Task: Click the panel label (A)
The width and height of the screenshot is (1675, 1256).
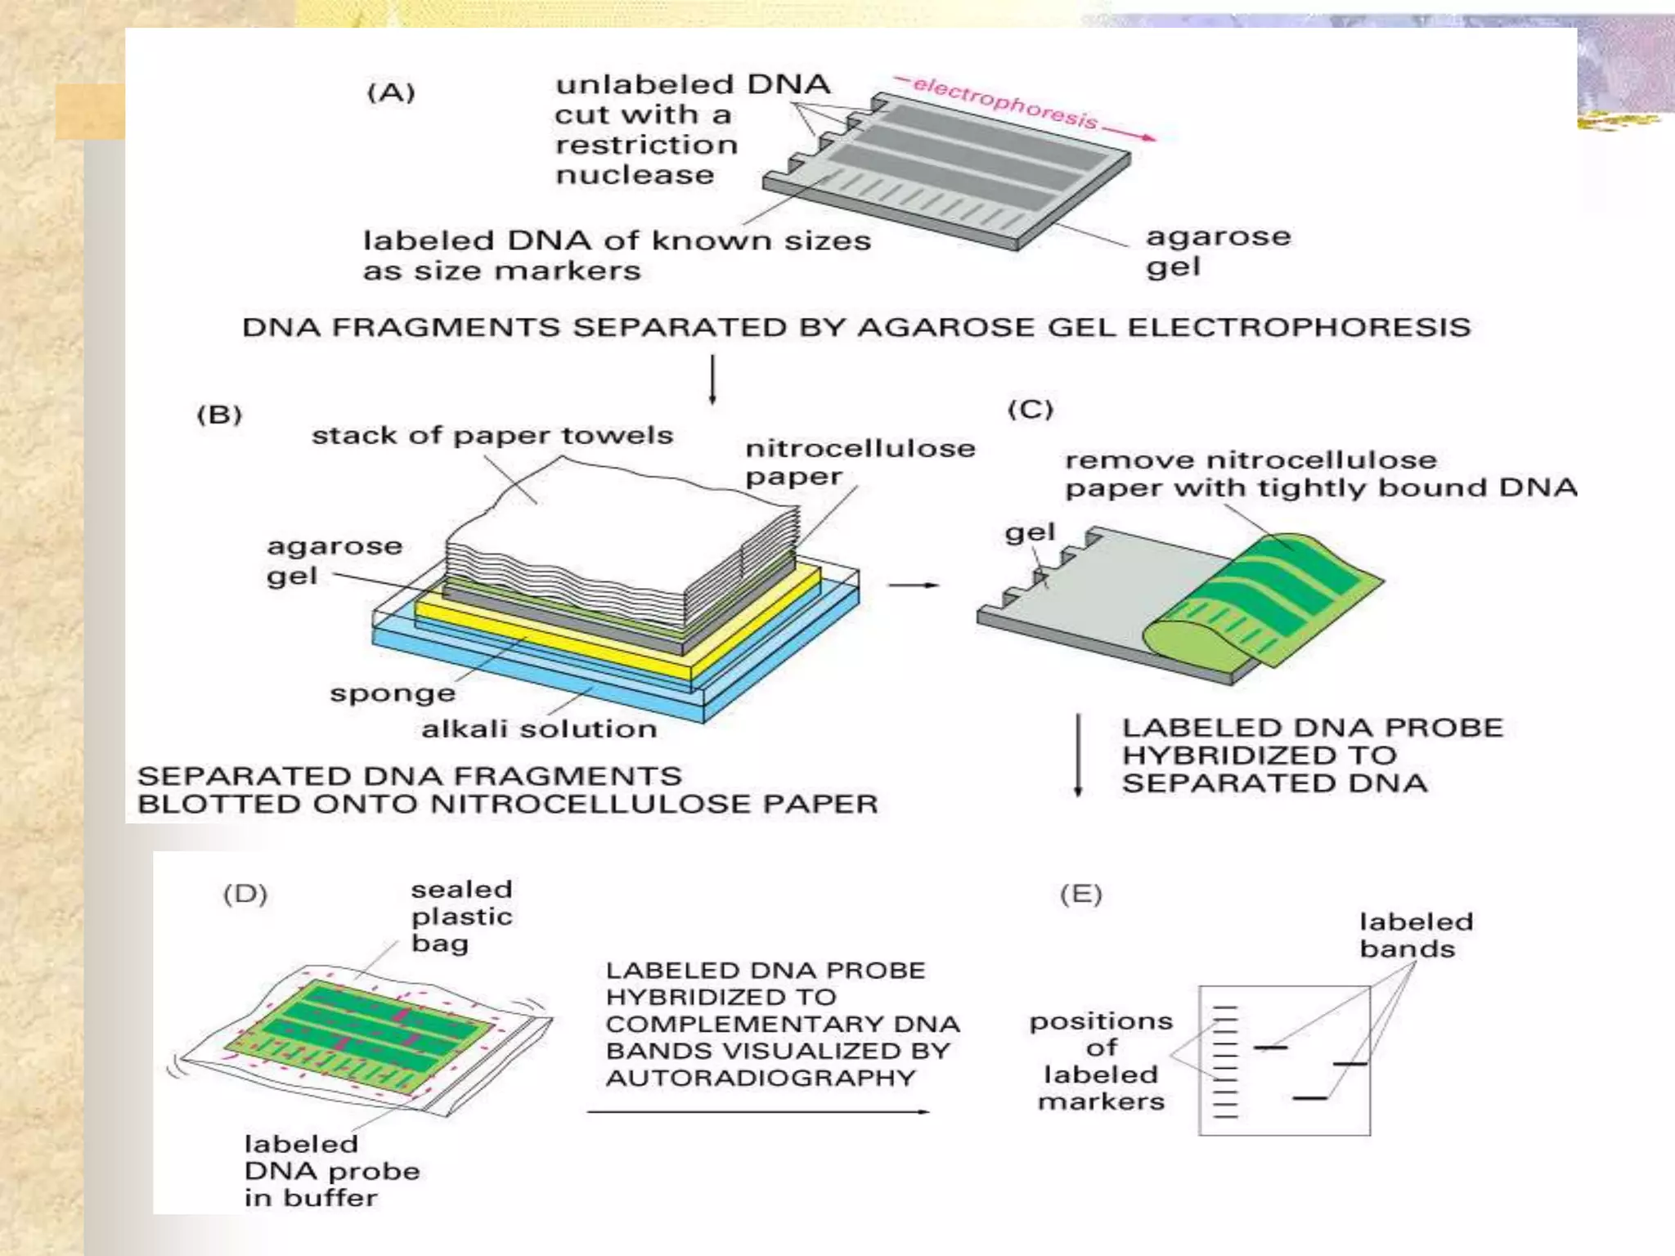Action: click(391, 92)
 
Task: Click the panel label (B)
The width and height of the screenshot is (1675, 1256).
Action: click(219, 415)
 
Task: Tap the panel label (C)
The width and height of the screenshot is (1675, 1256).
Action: click(1031, 409)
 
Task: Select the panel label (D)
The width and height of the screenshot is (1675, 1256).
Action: click(245, 894)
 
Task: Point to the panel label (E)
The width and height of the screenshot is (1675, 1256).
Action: click(1080, 894)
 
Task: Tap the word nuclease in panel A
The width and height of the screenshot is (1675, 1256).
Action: click(635, 175)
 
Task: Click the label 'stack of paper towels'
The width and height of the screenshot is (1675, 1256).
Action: click(492, 435)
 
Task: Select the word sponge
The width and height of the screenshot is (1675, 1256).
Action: click(393, 693)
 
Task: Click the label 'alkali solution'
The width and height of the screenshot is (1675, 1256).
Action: click(539, 729)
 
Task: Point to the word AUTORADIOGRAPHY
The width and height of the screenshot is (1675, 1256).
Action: click(761, 1078)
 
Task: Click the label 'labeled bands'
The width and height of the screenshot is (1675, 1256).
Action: click(1416, 935)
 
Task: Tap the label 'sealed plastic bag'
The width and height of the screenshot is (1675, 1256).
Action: click(461, 916)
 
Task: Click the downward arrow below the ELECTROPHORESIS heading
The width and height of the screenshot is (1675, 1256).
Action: click(712, 379)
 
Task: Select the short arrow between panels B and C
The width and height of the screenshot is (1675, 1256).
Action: click(914, 585)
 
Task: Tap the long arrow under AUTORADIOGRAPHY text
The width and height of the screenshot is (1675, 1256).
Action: click(758, 1112)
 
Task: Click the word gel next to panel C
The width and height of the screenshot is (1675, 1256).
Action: click(1030, 533)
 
